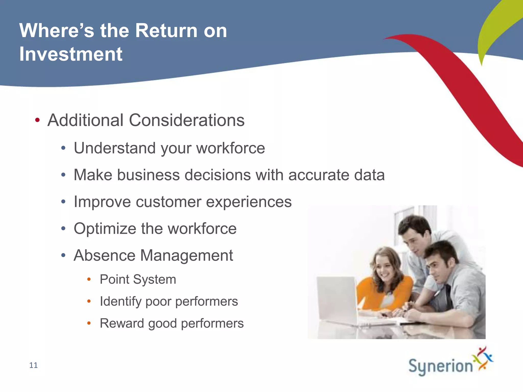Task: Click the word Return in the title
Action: pyautogui.click(x=166, y=31)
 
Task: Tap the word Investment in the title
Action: pyautogui.click(x=71, y=54)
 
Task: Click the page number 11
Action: pyautogui.click(x=33, y=365)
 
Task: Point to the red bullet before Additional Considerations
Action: pyautogui.click(x=37, y=120)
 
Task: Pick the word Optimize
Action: pyautogui.click(x=105, y=229)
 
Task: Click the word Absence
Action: pyautogui.click(x=104, y=255)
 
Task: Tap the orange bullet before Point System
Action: pyautogui.click(x=89, y=279)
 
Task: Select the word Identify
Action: pyautogui.click(x=121, y=301)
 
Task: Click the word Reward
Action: pyautogui.click(x=122, y=323)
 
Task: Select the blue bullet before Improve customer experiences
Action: pyautogui.click(x=63, y=202)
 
